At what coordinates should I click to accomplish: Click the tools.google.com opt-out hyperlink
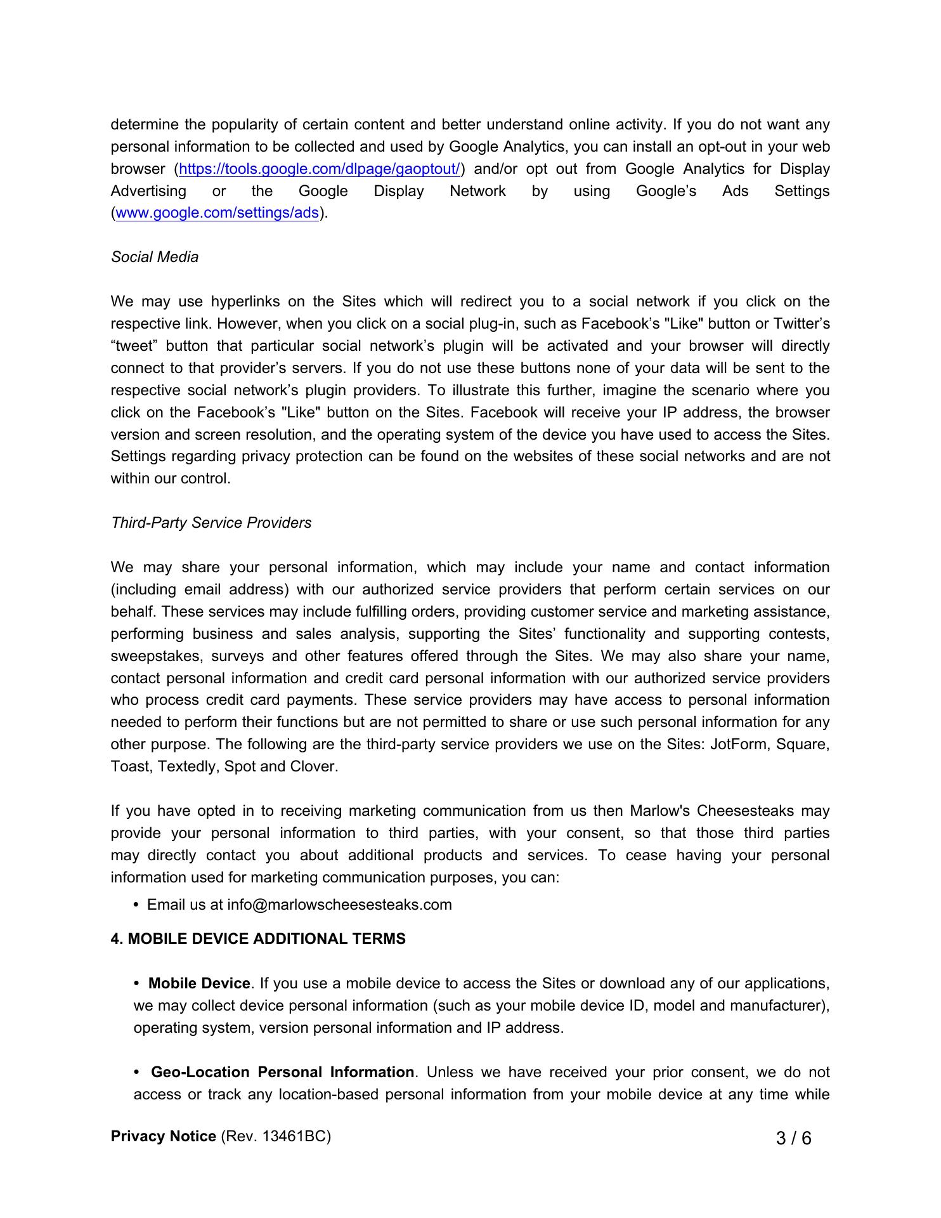(x=320, y=169)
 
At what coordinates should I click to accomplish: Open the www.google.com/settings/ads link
(x=217, y=213)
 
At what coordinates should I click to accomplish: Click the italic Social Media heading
(x=155, y=257)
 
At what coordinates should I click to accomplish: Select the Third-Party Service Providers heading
(x=211, y=523)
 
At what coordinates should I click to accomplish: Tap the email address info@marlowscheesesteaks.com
(x=339, y=905)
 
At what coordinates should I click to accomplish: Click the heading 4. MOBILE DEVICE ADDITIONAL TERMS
(x=258, y=939)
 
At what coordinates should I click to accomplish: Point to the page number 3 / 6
(x=793, y=1138)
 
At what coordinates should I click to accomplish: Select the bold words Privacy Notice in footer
(x=164, y=1136)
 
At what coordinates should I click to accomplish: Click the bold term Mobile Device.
(x=199, y=983)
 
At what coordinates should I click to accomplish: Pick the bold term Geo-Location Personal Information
(x=282, y=1072)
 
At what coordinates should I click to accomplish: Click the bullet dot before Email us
(x=137, y=905)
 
